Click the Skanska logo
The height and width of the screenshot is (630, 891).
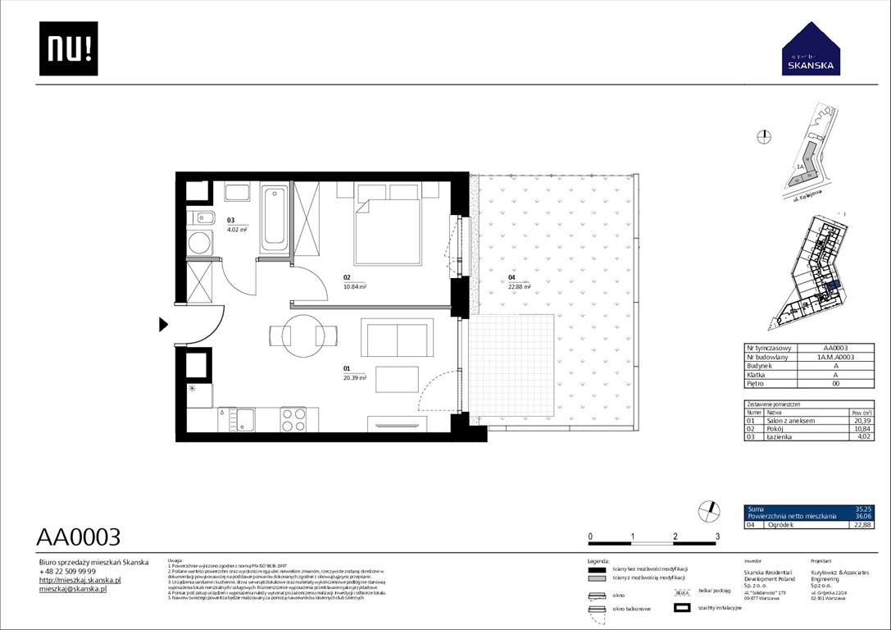[x=811, y=49]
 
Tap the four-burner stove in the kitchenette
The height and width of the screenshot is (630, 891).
[x=293, y=419]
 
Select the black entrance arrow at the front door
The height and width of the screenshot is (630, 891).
[x=163, y=326]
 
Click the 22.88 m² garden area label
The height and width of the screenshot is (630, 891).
[x=518, y=286]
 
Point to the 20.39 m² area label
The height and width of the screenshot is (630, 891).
[x=354, y=379]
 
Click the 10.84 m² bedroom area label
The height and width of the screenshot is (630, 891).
[x=354, y=287]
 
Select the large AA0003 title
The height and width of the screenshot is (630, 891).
[x=79, y=537]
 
